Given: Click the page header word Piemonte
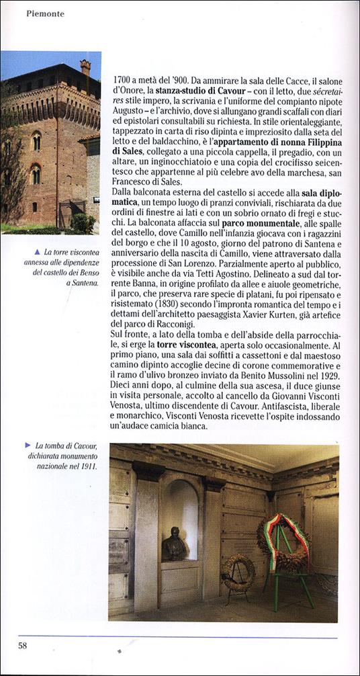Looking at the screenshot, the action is tap(45, 13).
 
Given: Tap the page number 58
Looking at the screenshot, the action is tap(23, 646).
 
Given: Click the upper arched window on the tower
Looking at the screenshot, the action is tap(36, 140).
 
